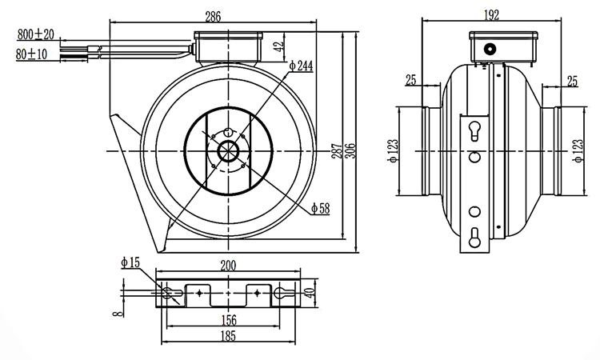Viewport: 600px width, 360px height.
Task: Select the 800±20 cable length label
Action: click(x=35, y=35)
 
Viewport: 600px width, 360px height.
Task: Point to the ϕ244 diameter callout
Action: click(x=299, y=67)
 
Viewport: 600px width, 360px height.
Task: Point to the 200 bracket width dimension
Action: click(x=229, y=265)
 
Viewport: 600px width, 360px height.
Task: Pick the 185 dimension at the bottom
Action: click(x=229, y=338)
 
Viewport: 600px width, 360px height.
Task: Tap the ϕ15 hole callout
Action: click(x=130, y=262)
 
